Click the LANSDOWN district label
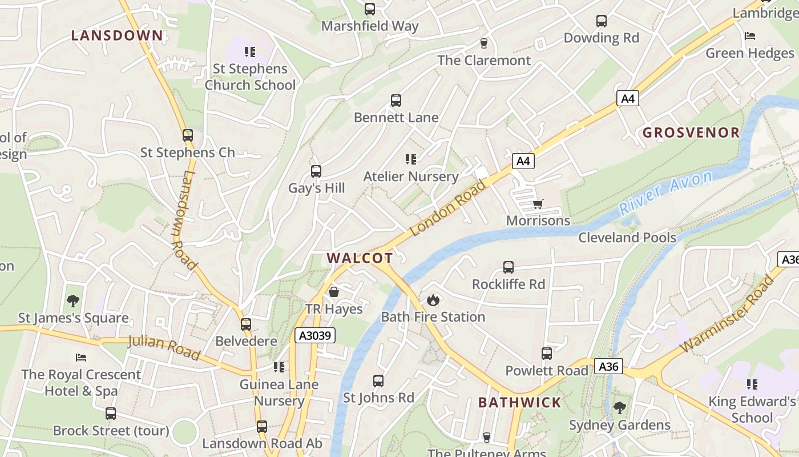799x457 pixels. click(117, 35)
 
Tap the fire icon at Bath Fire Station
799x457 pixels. click(433, 300)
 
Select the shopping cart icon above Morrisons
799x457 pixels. click(538, 204)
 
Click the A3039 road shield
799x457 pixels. click(315, 335)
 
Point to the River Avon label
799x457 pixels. click(666, 193)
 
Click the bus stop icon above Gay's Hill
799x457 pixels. click(316, 171)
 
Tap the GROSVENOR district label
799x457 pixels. click(691, 133)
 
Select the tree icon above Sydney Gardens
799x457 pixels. click(620, 408)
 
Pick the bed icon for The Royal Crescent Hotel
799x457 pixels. click(81, 358)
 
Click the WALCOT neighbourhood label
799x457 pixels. click(360, 258)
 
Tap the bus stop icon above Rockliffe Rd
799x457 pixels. click(508, 267)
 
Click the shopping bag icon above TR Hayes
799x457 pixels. click(334, 292)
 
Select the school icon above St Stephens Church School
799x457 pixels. click(250, 52)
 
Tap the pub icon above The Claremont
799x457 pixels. click(484, 43)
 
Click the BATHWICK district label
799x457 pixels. click(519, 402)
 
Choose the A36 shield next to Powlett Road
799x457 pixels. click(608, 366)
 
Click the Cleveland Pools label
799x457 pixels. click(627, 238)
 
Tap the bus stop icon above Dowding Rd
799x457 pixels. click(601, 21)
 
